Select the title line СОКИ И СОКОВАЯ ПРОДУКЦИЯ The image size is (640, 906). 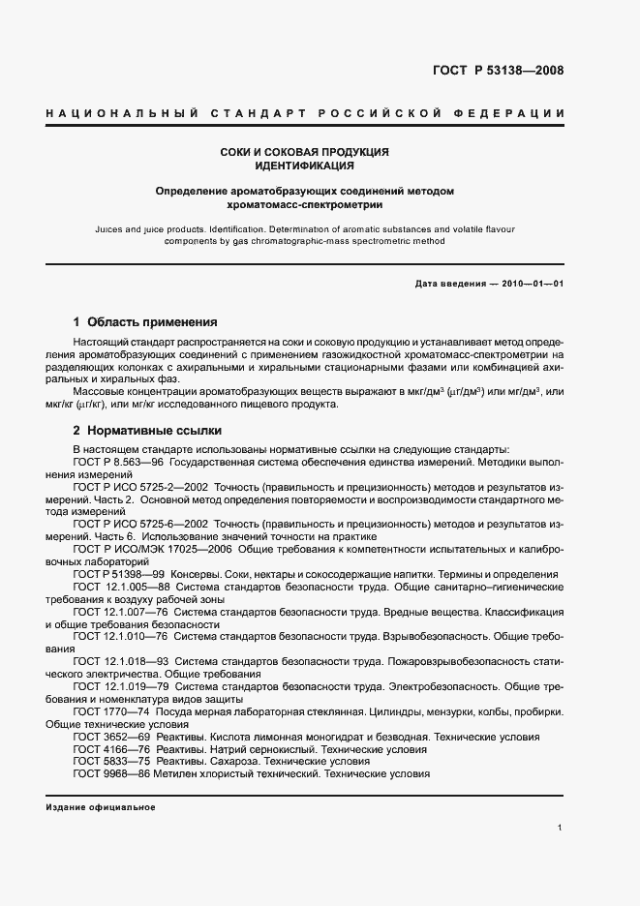click(305, 152)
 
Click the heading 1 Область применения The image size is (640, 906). click(145, 321)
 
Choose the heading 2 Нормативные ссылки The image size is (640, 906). click(147, 429)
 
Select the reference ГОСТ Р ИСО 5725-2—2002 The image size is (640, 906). click(135, 487)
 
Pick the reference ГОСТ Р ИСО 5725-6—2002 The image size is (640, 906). click(135, 524)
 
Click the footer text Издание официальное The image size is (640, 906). click(101, 807)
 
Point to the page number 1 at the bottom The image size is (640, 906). click(561, 828)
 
